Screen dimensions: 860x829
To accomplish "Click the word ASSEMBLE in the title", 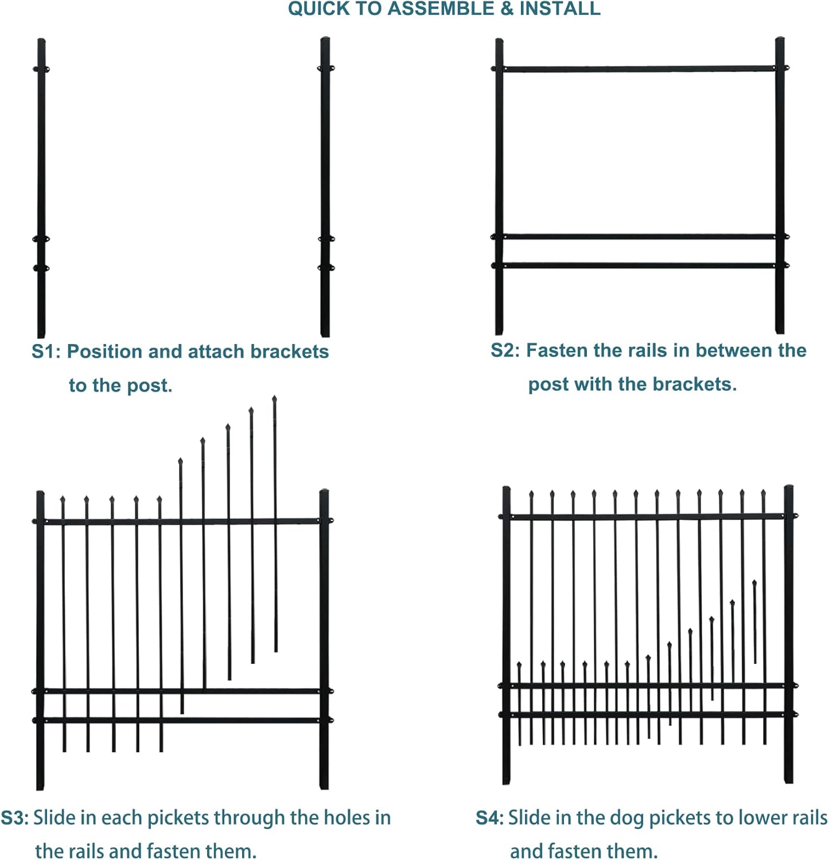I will tap(441, 9).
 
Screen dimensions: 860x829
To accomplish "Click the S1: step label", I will tap(46, 351).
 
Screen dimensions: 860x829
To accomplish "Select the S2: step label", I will tap(505, 350).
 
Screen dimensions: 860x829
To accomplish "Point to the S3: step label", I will tap(14, 818).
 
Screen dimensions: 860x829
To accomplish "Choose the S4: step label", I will tap(489, 818).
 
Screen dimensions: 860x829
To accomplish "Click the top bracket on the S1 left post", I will tap(41, 69).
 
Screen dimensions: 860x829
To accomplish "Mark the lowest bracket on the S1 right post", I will tap(325, 267).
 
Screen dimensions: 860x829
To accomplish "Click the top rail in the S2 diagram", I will tap(639, 69).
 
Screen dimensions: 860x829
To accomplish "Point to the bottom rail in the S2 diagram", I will tap(639, 265).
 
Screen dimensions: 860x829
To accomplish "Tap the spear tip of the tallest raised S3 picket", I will tap(274, 399).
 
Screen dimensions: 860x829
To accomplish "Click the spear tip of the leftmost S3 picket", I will tap(63, 500).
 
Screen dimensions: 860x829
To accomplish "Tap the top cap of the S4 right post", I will tap(789, 488).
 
